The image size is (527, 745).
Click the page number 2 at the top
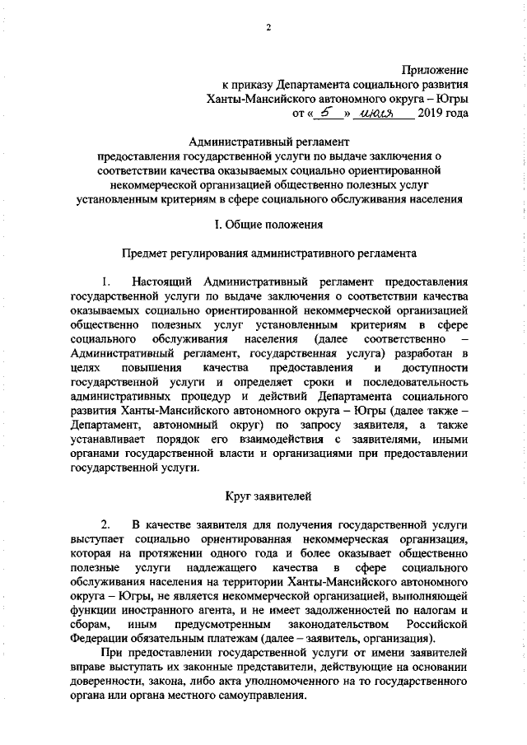(268, 29)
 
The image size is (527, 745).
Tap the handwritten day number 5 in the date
(328, 112)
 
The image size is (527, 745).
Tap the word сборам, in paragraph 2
(91, 625)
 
